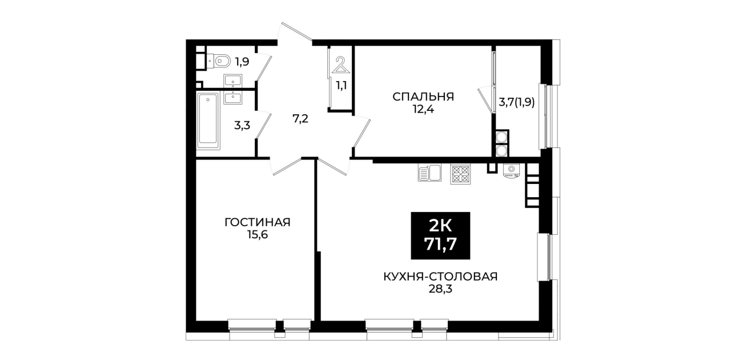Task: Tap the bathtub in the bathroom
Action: pyautogui.click(x=208, y=121)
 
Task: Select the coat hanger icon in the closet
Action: pyautogui.click(x=340, y=65)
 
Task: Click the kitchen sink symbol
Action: pyautogui.click(x=429, y=173)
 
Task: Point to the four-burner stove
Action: pyautogui.click(x=460, y=174)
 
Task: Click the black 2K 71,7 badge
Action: pyautogui.click(x=440, y=235)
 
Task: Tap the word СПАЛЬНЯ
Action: pyautogui.click(x=423, y=97)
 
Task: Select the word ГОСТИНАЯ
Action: pyautogui.click(x=258, y=222)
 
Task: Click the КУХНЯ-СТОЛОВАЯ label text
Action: pyautogui.click(x=440, y=277)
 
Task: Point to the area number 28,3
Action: pyautogui.click(x=440, y=289)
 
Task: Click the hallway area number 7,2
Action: pyautogui.click(x=300, y=118)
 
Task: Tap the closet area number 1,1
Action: pyautogui.click(x=342, y=86)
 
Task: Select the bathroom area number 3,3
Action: pyautogui.click(x=242, y=125)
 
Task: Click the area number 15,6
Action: pyautogui.click(x=258, y=235)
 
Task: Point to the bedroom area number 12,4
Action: pyautogui.click(x=423, y=109)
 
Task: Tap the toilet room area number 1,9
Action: pyautogui.click(x=242, y=62)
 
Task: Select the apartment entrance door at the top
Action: pyautogui.click(x=297, y=32)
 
